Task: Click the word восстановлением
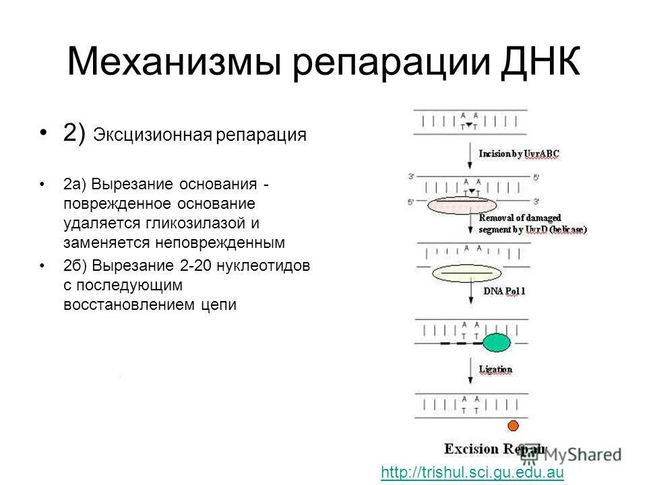(130, 304)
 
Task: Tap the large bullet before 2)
(45, 133)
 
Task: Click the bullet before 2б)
(45, 266)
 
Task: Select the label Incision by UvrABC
(519, 154)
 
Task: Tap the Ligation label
(495, 369)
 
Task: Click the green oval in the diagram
(496, 342)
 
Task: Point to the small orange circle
(513, 426)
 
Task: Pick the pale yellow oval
(466, 273)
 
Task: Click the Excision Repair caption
(493, 449)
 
